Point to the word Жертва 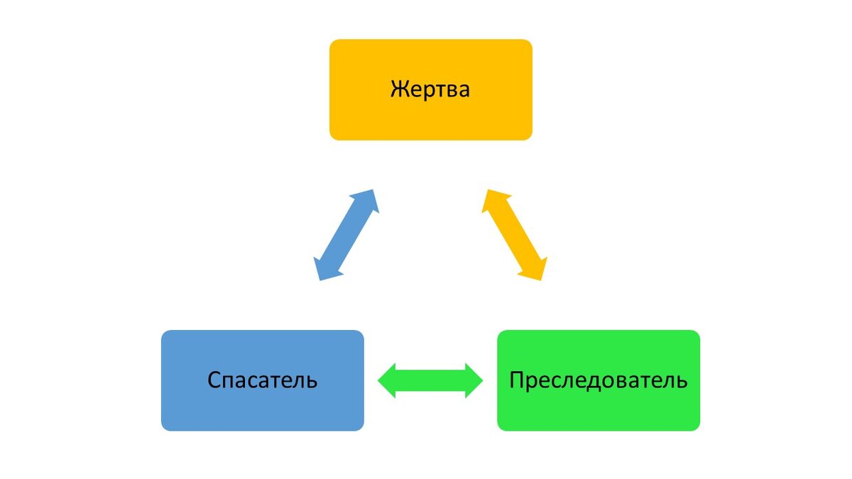pyautogui.click(x=430, y=90)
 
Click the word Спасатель pyautogui.click(x=262, y=380)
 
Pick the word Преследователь pyautogui.click(x=598, y=380)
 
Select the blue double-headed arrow pyautogui.click(x=346, y=235)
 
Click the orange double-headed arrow pyautogui.click(x=515, y=235)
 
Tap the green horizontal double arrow pyautogui.click(x=430, y=380)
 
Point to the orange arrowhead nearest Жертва pyautogui.click(x=493, y=201)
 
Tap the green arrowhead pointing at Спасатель pyautogui.click(x=388, y=380)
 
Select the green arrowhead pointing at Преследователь pyautogui.click(x=473, y=380)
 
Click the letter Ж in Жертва pyautogui.click(x=398, y=90)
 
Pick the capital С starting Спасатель pyautogui.click(x=214, y=380)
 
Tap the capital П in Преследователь pyautogui.click(x=516, y=380)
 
